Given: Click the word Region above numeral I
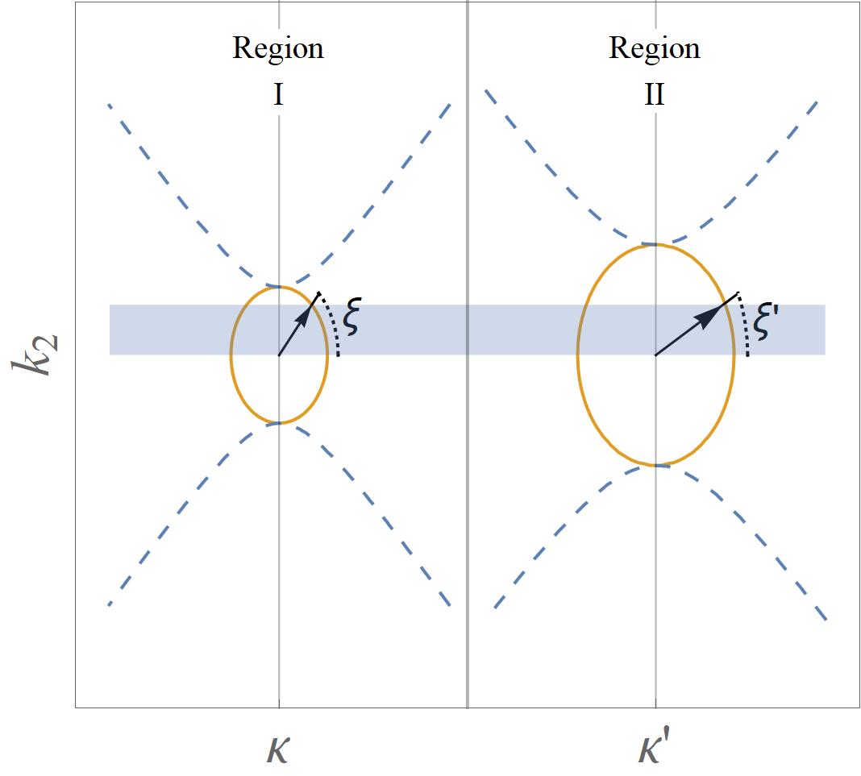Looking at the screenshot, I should (278, 48).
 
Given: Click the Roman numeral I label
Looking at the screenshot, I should (278, 96).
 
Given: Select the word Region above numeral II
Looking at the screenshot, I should (655, 48).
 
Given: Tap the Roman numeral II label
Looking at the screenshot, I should (655, 96).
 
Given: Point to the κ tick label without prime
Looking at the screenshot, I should (278, 749).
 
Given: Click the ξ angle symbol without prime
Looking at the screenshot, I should (351, 317).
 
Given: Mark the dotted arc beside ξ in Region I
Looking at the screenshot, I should (334, 326).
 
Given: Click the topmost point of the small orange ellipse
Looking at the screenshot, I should (279, 286).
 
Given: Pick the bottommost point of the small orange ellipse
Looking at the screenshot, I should (279, 423).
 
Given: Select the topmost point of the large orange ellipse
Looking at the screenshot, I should (655, 243).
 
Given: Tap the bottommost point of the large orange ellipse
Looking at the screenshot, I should (655, 466).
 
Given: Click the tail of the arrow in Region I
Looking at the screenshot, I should (279, 355).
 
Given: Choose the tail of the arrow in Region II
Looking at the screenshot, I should (655, 355).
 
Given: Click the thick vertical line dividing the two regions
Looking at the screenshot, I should (468, 483).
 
